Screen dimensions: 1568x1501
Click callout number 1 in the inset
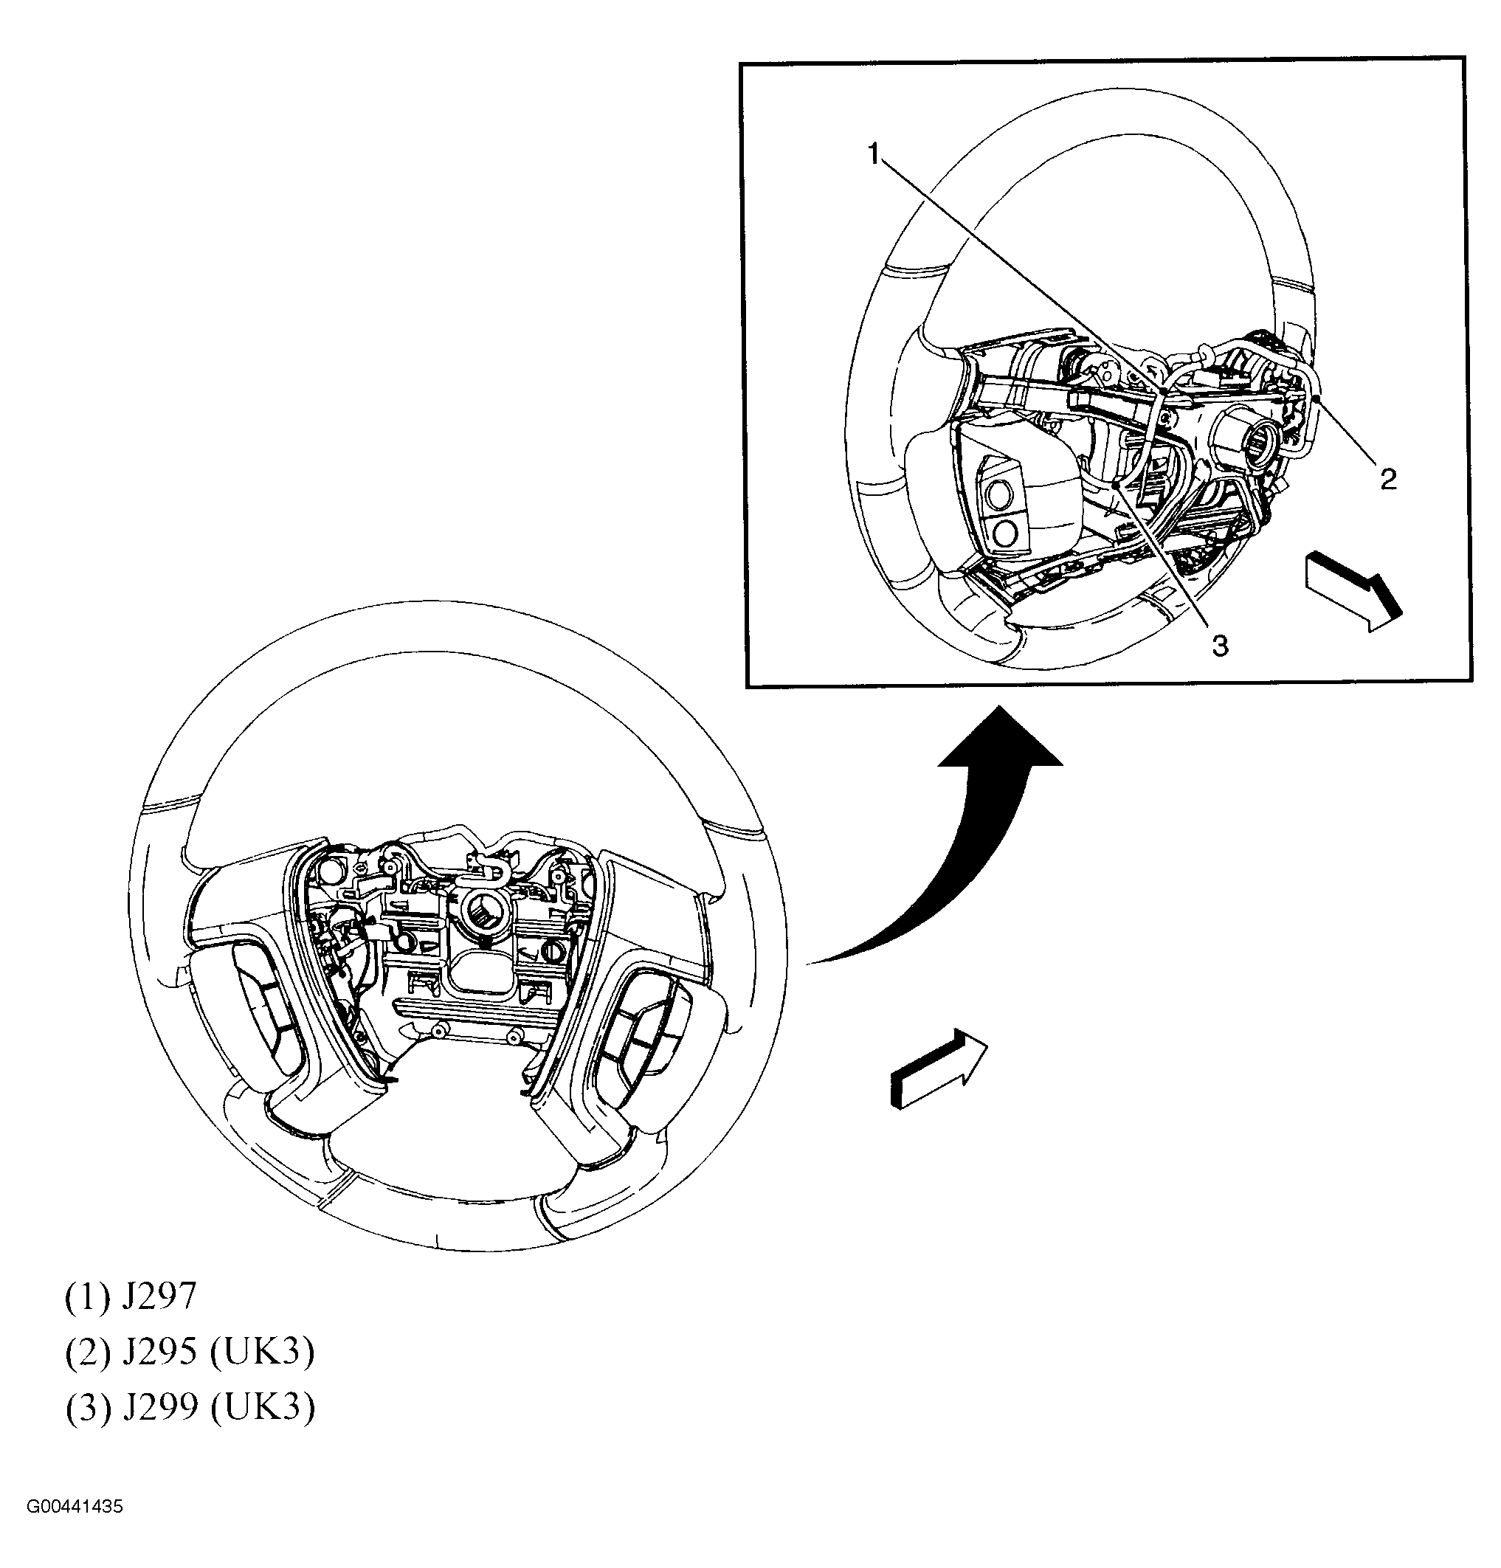[x=874, y=153]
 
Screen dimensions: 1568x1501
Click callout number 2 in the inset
[x=1389, y=479]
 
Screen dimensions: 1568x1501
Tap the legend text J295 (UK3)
[x=190, y=1351]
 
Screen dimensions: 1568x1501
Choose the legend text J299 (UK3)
[x=190, y=1407]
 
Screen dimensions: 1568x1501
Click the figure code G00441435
[x=75, y=1507]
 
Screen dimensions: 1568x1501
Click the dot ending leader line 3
[x=1115, y=485]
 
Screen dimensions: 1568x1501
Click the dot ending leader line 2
[x=1315, y=396]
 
